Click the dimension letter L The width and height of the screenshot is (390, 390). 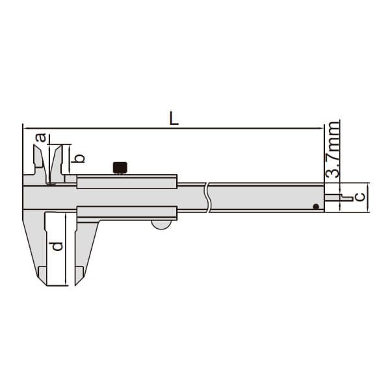point(174,118)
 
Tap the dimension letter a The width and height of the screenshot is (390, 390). point(41,138)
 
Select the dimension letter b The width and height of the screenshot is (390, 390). point(78,159)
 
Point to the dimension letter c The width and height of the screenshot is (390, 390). point(360,197)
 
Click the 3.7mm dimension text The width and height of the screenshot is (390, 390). point(332,149)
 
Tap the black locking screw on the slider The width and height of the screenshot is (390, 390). point(120,168)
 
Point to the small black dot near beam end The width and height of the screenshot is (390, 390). point(316,207)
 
